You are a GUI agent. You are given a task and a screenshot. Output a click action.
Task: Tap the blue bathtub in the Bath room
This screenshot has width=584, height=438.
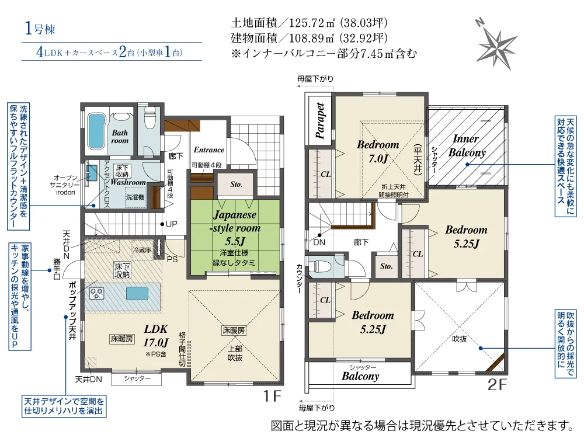[96, 131]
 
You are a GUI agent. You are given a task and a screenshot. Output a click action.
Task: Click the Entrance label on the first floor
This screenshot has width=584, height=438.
[208, 150]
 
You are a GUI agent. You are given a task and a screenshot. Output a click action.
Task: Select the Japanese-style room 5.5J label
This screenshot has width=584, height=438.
[235, 228]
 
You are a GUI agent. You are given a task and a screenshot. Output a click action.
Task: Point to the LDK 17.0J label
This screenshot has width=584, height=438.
[156, 335]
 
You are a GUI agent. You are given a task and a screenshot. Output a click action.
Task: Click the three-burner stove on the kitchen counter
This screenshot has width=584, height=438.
[97, 294]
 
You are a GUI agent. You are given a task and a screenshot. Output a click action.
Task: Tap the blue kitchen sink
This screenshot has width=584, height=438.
[137, 294]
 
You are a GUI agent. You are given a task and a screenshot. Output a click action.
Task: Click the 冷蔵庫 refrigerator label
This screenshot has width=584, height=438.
[142, 250]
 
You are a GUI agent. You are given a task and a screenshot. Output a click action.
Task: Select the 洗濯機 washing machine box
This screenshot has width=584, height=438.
[134, 196]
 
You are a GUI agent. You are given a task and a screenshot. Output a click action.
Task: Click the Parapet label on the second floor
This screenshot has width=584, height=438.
[319, 120]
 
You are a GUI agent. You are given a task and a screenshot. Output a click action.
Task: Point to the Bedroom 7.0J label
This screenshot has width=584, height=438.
[378, 151]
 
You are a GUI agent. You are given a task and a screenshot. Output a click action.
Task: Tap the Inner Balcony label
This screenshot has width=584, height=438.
[467, 145]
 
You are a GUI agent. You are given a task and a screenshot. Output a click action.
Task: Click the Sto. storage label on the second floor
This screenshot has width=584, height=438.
[386, 266]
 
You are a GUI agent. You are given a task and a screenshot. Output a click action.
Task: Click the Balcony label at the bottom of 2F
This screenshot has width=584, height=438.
[360, 376]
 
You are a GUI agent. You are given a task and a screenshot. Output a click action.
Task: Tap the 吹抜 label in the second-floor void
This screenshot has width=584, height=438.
[459, 339]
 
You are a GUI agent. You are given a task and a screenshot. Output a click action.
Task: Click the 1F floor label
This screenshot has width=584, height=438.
[272, 396]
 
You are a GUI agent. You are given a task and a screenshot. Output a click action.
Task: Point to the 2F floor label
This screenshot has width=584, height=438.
[497, 385]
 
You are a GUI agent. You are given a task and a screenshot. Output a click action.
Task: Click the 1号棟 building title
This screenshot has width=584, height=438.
[40, 28]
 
